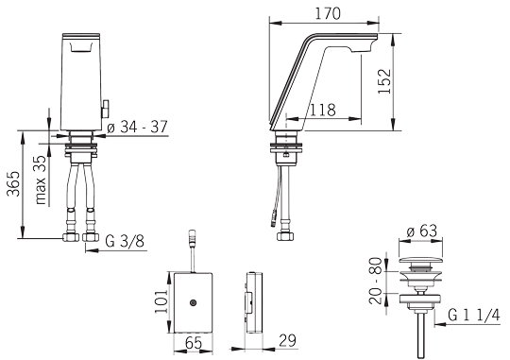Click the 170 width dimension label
[x=328, y=13]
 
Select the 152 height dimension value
[x=384, y=81]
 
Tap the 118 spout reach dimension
[x=322, y=110]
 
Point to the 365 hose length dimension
[x=14, y=183]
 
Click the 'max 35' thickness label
[x=42, y=180]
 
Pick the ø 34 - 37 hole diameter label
[x=137, y=127]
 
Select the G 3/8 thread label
[x=126, y=242]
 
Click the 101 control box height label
[x=161, y=301]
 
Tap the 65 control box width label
[x=194, y=343]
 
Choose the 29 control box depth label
[x=287, y=341]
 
